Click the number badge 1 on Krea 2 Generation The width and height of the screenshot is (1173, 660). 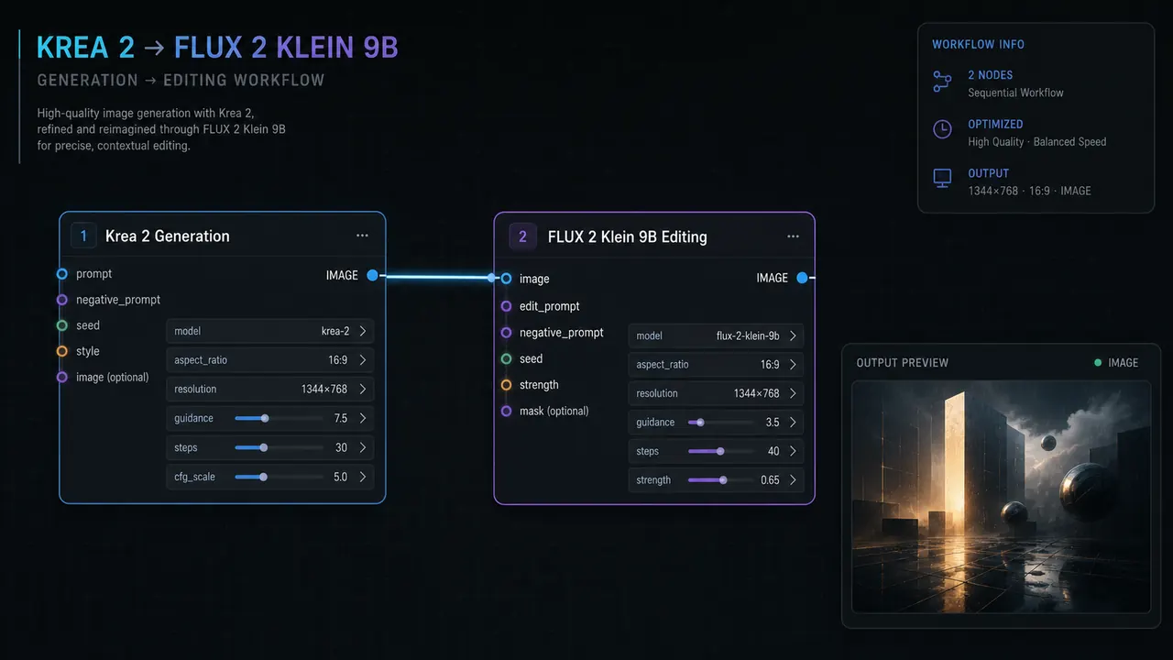tap(83, 236)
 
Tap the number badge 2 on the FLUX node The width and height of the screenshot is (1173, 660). tap(522, 236)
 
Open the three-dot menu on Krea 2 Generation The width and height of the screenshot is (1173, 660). tap(362, 236)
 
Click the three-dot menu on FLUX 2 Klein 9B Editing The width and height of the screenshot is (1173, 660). tap(793, 236)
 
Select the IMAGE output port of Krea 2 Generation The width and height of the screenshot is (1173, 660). tap(372, 276)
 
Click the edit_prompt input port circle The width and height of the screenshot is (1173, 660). tap(506, 306)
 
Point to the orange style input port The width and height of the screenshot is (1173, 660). tap(61, 351)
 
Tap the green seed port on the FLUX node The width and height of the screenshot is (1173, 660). tap(506, 358)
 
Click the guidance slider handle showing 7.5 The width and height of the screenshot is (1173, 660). tap(265, 419)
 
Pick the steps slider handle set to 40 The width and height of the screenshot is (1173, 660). tap(720, 452)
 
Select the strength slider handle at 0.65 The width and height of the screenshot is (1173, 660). tap(723, 480)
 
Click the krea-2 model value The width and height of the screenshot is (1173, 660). tap(335, 332)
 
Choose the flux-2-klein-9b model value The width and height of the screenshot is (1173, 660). tap(748, 335)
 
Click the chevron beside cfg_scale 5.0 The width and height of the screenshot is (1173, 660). tap(363, 478)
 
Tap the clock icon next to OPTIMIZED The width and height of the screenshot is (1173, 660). tap(942, 129)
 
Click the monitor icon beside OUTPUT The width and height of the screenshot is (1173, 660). tap(942, 178)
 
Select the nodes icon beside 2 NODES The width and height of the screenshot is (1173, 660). tap(942, 82)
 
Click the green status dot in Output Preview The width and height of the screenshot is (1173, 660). tap(1098, 362)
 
